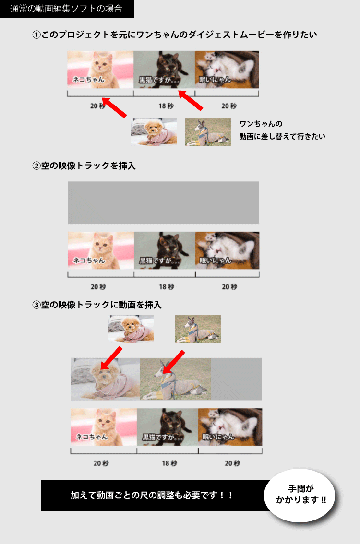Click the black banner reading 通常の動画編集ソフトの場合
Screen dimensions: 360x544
coord(67,9)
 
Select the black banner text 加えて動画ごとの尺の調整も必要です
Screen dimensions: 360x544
coord(152,495)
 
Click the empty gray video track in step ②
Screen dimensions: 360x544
coord(163,202)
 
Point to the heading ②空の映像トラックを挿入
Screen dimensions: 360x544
coord(84,166)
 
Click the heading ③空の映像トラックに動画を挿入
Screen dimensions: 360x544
coord(97,305)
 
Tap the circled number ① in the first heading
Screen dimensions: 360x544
coord(36,35)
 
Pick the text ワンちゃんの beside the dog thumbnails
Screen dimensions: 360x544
coord(261,124)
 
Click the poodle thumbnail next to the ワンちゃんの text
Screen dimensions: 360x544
coord(154,132)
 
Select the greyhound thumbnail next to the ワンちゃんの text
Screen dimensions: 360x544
coord(208,132)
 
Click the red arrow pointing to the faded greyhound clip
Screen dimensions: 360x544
coord(173,362)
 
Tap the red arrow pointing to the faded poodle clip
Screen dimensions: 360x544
coord(111,358)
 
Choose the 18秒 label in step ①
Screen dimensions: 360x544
coord(166,106)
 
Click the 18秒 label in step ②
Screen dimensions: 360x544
coord(167,286)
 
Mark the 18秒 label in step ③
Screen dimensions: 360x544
coord(169,463)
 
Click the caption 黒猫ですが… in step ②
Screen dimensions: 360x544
coord(160,260)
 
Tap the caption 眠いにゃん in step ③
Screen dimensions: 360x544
coord(218,437)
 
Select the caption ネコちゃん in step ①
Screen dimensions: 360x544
coord(88,80)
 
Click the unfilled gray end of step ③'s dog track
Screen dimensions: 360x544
coord(236,379)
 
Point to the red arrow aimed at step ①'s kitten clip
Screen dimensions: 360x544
coord(114,107)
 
